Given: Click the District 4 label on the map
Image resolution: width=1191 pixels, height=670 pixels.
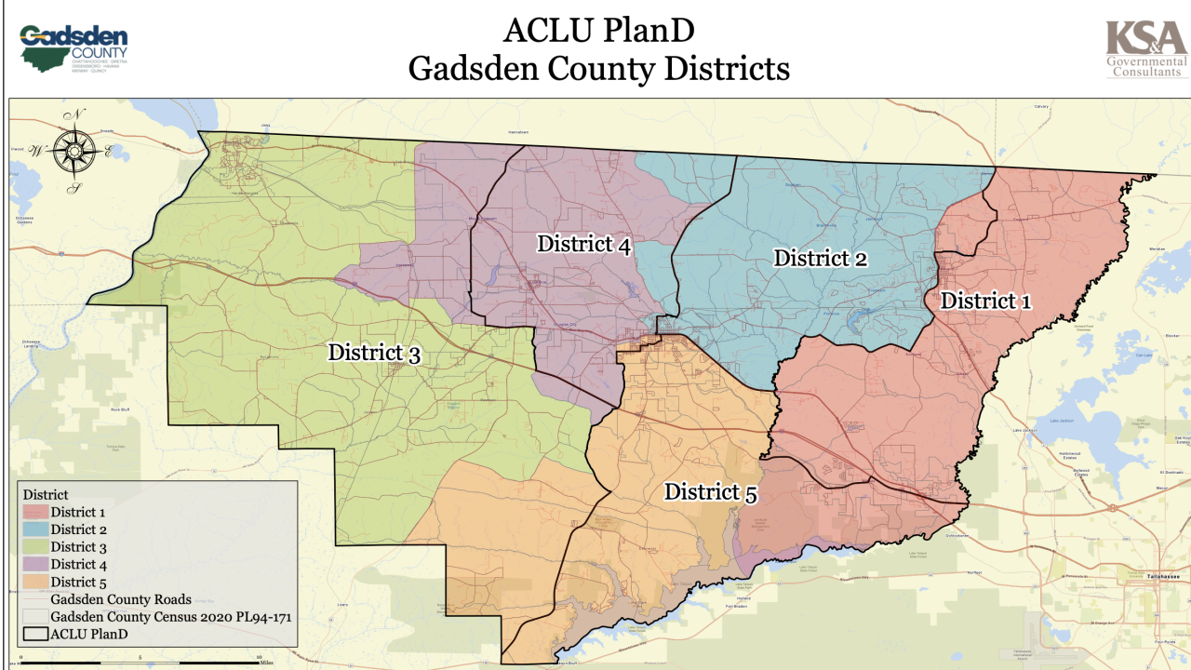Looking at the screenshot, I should click(x=583, y=245).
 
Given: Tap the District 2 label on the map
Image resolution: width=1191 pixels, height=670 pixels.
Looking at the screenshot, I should click(x=821, y=259).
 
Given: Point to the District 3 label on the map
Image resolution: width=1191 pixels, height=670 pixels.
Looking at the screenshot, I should click(x=374, y=354).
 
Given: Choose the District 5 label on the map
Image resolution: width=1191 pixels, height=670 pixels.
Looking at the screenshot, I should click(x=709, y=492).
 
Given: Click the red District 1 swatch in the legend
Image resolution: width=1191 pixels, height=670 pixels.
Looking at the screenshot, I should click(x=35, y=512).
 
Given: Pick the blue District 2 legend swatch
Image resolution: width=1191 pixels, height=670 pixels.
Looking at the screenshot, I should click(x=35, y=529).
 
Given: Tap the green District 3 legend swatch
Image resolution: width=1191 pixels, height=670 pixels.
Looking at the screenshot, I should click(x=35, y=546).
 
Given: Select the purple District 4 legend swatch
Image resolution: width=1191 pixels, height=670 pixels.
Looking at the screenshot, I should click(x=35, y=564).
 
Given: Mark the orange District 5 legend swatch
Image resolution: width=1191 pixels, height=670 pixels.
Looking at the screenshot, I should click(x=35, y=582).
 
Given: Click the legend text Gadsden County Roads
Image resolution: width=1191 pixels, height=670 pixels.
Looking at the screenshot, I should click(x=121, y=599).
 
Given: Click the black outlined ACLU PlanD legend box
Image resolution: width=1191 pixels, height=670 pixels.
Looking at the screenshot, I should click(x=35, y=634).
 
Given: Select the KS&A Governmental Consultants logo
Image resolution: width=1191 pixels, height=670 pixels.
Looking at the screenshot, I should click(x=1145, y=48).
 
